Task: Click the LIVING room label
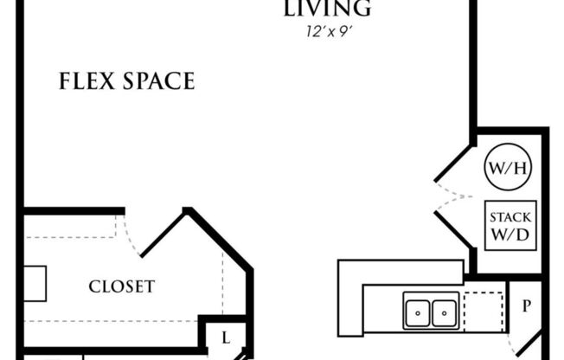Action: (327, 9)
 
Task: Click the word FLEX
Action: (87, 82)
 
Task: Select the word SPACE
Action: (158, 82)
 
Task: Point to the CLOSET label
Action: (122, 286)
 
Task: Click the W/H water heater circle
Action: (508, 168)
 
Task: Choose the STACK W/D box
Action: (510, 225)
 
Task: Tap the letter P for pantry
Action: (524, 306)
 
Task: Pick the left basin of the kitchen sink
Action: (419, 310)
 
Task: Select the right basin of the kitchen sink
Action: (444, 310)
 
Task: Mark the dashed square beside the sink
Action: (483, 310)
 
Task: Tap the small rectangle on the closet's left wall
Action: (34, 283)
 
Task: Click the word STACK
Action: (510, 216)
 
